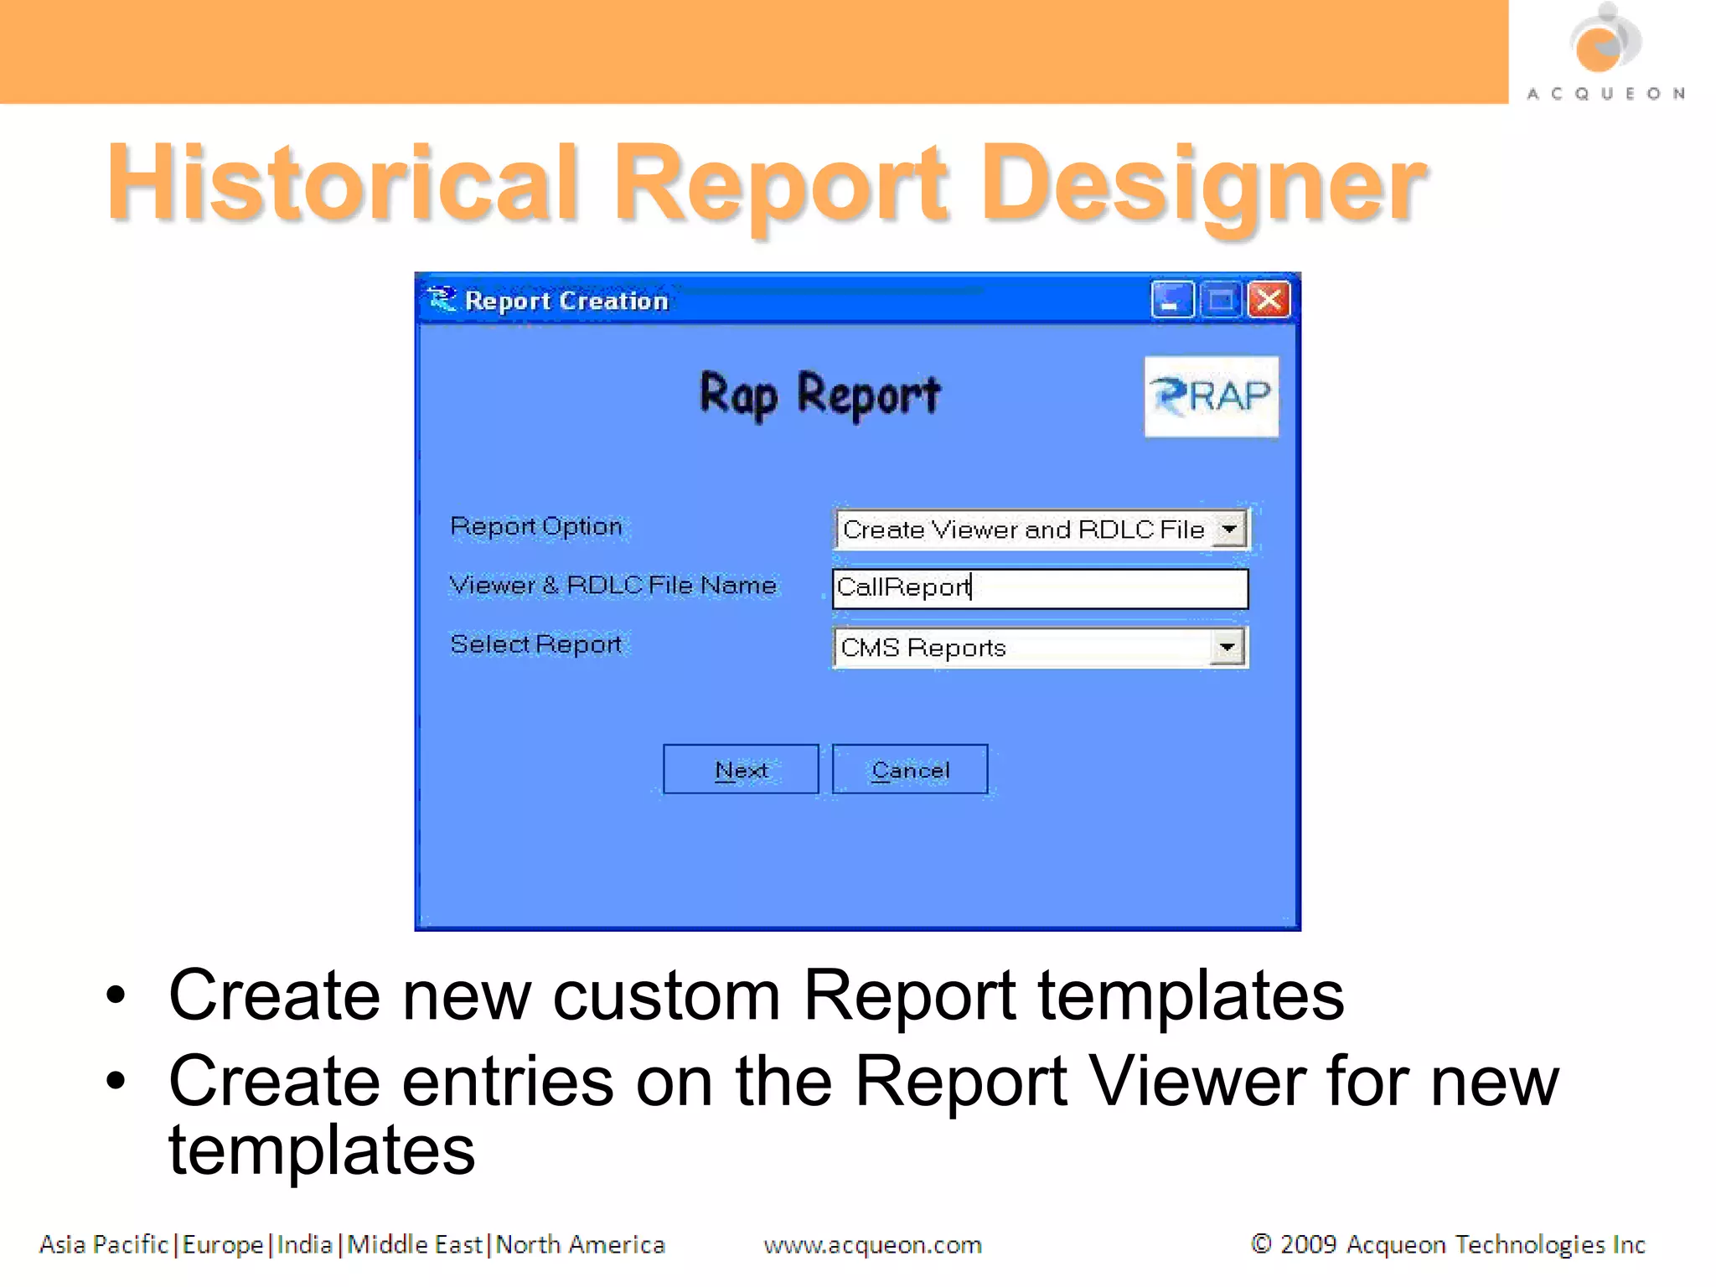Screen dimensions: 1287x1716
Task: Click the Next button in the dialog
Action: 741,769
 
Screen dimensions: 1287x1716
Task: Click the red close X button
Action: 1269,299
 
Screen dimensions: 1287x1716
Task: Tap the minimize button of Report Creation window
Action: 1171,299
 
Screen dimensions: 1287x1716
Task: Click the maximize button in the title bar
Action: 1221,299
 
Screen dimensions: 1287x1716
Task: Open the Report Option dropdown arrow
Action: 1229,530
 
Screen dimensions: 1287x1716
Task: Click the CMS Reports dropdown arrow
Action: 1227,647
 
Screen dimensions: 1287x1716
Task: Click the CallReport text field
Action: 1040,588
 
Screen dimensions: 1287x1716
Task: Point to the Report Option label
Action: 536,526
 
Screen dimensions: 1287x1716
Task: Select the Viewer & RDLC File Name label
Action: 612,585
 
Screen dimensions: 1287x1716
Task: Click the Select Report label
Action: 536,644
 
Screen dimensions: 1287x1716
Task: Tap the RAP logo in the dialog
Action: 1212,396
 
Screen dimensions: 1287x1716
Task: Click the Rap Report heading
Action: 820,395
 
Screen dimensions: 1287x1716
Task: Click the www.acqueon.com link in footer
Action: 872,1245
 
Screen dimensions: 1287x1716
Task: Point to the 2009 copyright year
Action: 1308,1244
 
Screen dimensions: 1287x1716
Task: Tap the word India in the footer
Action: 305,1244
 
